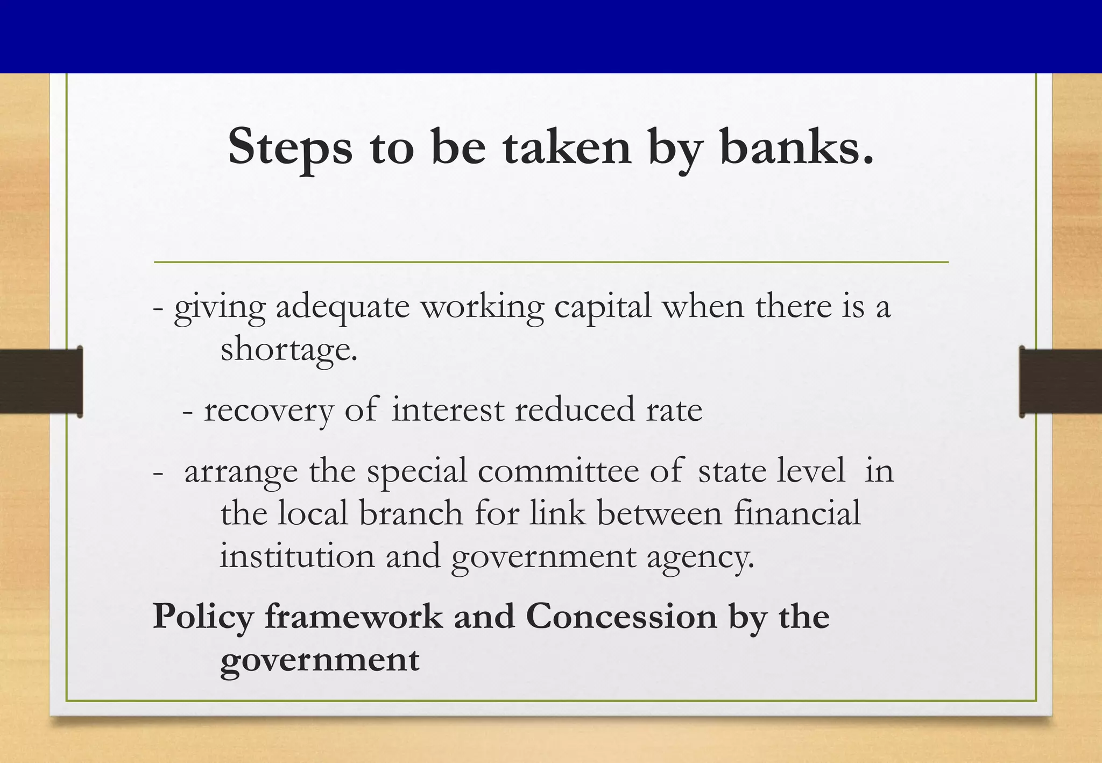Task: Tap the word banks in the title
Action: [x=796, y=147]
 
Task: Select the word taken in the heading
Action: [x=567, y=147]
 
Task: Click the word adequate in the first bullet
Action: [x=343, y=307]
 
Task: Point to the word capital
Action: [x=603, y=307]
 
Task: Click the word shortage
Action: [x=289, y=350]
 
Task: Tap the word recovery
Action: [x=269, y=410]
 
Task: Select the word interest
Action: [x=448, y=410]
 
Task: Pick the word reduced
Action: [x=575, y=410]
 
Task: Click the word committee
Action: [x=558, y=471]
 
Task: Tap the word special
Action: [x=417, y=471]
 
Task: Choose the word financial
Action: [x=797, y=513]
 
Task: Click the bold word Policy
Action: [x=203, y=617]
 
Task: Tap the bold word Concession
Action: [x=621, y=617]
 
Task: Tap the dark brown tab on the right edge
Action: [x=1060, y=381]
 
